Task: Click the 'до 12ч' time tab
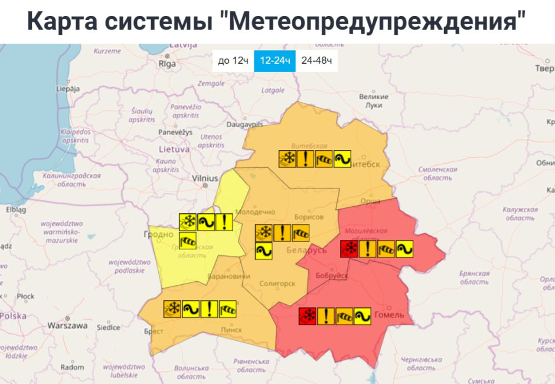[233, 61]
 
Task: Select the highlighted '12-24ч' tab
[275, 61]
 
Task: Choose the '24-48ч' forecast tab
[316, 61]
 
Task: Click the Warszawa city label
[67, 326]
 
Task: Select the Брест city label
[154, 332]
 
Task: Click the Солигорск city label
[277, 284]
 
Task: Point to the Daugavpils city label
[244, 125]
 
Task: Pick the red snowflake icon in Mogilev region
[350, 249]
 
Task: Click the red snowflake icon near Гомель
[307, 316]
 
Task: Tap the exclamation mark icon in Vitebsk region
[306, 159]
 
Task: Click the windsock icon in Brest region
[227, 308]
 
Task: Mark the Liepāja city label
[67, 89]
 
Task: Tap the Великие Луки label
[374, 100]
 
